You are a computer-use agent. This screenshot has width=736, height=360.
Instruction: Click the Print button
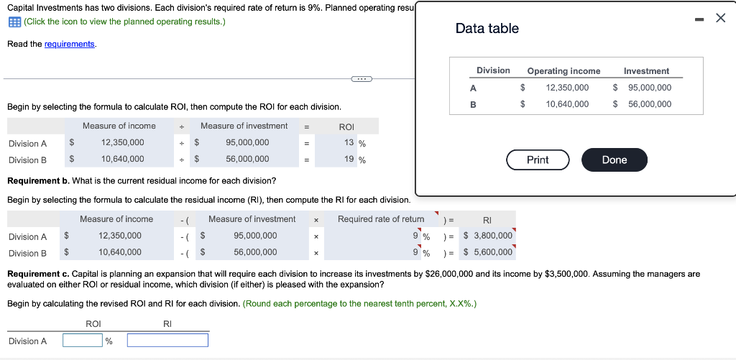coord(538,160)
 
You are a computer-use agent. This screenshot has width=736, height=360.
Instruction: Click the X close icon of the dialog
coord(721,18)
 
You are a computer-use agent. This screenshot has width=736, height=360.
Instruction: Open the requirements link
coord(69,44)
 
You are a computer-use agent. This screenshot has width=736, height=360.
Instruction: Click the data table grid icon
coord(14,22)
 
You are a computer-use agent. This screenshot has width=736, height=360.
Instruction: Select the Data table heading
coord(487,29)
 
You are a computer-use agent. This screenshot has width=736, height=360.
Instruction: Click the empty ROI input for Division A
coord(83,341)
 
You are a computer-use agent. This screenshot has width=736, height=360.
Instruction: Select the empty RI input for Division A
coord(167,341)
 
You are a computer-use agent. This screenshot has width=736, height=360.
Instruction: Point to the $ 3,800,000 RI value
coord(488,236)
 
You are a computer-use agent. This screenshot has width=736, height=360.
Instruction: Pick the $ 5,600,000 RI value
coord(488,252)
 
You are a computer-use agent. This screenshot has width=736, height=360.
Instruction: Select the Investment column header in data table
coord(646,71)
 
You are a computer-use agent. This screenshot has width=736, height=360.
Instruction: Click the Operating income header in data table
coord(563,71)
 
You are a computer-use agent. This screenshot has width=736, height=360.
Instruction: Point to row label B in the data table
coord(473,104)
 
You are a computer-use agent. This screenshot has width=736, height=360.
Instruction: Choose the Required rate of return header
coord(381,219)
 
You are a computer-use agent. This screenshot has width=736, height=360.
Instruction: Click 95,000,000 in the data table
coord(648,88)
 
